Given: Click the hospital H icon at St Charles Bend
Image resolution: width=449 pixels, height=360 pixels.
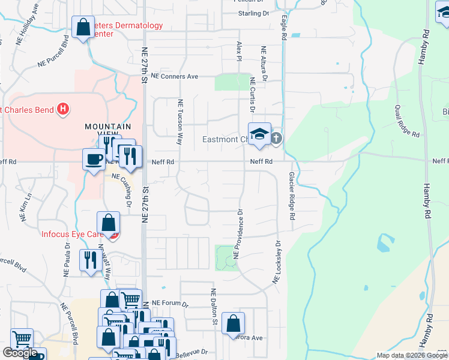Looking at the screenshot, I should [x=63, y=109].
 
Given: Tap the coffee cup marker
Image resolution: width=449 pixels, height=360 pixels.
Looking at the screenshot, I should [x=94, y=159].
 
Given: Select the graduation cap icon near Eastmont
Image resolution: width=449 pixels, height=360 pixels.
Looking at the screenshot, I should [x=260, y=134].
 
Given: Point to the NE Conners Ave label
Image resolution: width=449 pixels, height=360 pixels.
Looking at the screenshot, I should [x=174, y=77].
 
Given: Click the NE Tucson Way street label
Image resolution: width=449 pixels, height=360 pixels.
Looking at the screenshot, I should [x=179, y=122].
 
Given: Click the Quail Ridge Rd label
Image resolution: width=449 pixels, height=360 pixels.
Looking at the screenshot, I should [x=406, y=120].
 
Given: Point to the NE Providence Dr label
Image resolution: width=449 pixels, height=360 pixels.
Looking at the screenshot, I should [x=238, y=233].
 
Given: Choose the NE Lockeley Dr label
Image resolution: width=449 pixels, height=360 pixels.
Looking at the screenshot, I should [x=277, y=262].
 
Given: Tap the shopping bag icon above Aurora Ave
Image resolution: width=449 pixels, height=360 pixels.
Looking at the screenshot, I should [x=233, y=323].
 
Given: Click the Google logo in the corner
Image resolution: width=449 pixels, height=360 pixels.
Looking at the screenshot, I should [x=20, y=353].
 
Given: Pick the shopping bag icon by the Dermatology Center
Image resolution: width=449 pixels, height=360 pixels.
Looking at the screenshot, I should [x=83, y=26].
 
